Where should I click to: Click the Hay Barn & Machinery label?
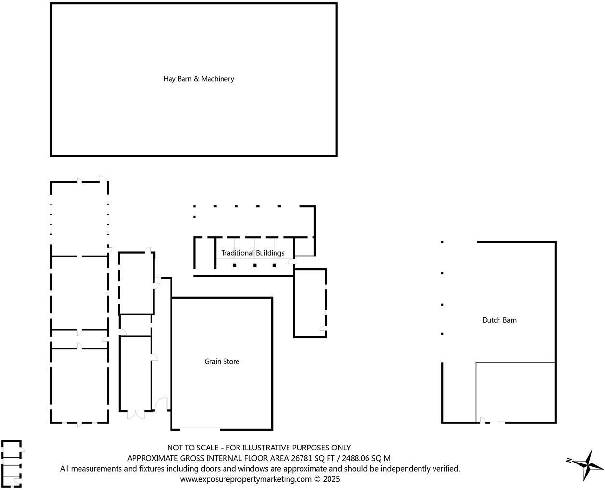tap(198, 79)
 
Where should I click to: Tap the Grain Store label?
tap(222, 361)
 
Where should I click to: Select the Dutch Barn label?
tap(499, 320)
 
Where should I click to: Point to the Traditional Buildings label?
tap(252, 253)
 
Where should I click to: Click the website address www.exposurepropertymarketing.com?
tap(246, 479)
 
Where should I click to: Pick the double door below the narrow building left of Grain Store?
tap(135, 414)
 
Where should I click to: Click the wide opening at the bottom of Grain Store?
tap(200, 428)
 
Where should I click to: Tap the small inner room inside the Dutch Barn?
tap(515, 392)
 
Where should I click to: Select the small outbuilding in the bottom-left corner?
tap(12, 463)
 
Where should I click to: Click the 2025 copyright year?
tap(331, 479)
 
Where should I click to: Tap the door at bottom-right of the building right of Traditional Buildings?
tap(322, 329)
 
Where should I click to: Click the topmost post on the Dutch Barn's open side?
tap(442, 242)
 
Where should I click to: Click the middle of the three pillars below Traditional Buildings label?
tap(254, 265)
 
